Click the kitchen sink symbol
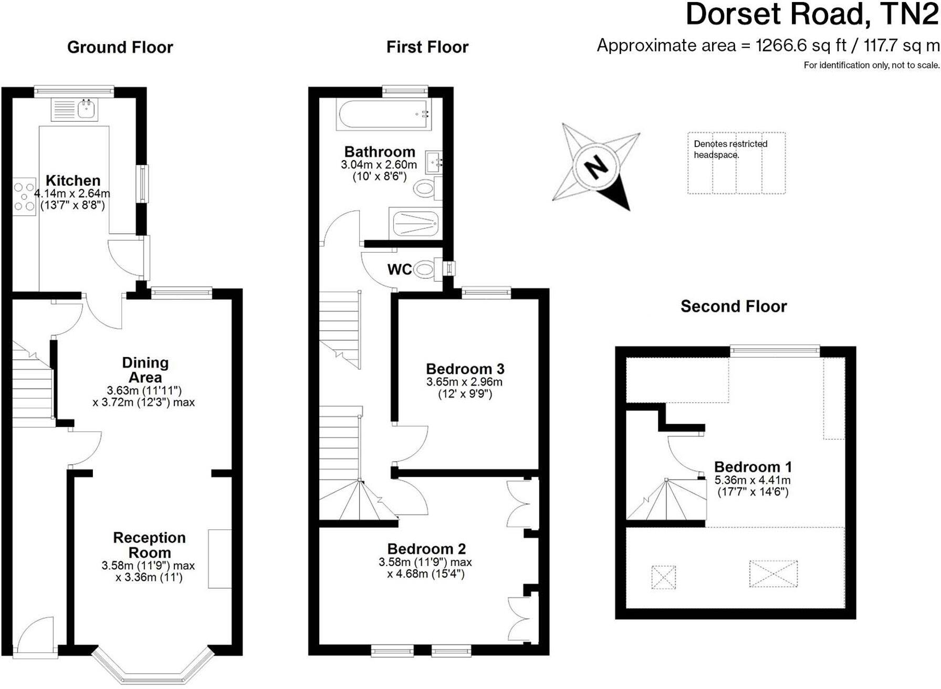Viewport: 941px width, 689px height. pyautogui.click(x=86, y=110)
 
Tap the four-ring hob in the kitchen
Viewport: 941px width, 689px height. pyautogui.click(x=24, y=196)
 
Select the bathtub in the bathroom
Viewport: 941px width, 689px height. pyautogui.click(x=384, y=115)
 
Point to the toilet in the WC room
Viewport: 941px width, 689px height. pyautogui.click(x=425, y=270)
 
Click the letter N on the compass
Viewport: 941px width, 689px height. pyautogui.click(x=595, y=168)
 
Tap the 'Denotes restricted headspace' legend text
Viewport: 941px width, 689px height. pyautogui.click(x=730, y=149)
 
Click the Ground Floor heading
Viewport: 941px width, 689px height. pyautogui.click(x=120, y=47)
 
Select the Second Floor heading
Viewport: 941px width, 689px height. pyautogui.click(x=733, y=306)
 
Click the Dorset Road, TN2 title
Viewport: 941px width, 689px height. pyautogui.click(x=811, y=14)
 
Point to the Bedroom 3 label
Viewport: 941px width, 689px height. pyautogui.click(x=465, y=369)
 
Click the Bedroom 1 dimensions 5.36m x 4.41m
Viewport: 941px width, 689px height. pyautogui.click(x=752, y=480)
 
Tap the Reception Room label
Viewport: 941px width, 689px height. pyautogui.click(x=149, y=545)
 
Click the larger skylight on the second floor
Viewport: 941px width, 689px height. pyautogui.click(x=773, y=573)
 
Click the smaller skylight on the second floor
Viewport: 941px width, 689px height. pyautogui.click(x=663, y=577)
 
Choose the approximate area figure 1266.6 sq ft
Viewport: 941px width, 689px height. pyautogui.click(x=800, y=46)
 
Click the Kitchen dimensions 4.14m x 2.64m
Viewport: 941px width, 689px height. pyautogui.click(x=72, y=193)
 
